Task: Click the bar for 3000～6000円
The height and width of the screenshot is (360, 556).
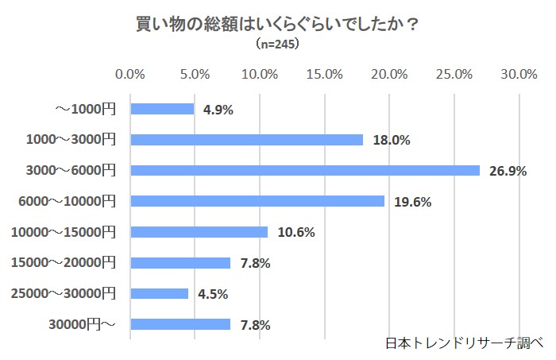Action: (305, 170)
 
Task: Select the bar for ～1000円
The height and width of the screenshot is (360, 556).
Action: (162, 109)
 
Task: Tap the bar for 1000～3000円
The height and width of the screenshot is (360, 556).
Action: (246, 140)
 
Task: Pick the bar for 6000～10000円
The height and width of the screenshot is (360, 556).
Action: (257, 201)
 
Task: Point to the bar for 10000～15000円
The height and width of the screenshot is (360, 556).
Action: (199, 232)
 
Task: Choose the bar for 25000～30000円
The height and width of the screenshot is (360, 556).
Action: (159, 293)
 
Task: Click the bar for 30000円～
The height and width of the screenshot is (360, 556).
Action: (180, 324)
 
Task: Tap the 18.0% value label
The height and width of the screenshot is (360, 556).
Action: (391, 141)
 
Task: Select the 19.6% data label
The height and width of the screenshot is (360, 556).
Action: (412, 202)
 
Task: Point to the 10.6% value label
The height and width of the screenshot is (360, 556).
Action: (296, 233)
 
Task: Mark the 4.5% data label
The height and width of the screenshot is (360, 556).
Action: (212, 294)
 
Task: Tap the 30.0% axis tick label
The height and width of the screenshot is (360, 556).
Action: (519, 75)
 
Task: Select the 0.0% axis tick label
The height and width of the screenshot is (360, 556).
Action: (130, 75)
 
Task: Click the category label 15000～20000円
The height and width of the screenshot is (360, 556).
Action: (64, 263)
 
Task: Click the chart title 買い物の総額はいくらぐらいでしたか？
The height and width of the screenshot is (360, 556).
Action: (278, 24)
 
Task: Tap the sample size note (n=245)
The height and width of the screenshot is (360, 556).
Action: (277, 45)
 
